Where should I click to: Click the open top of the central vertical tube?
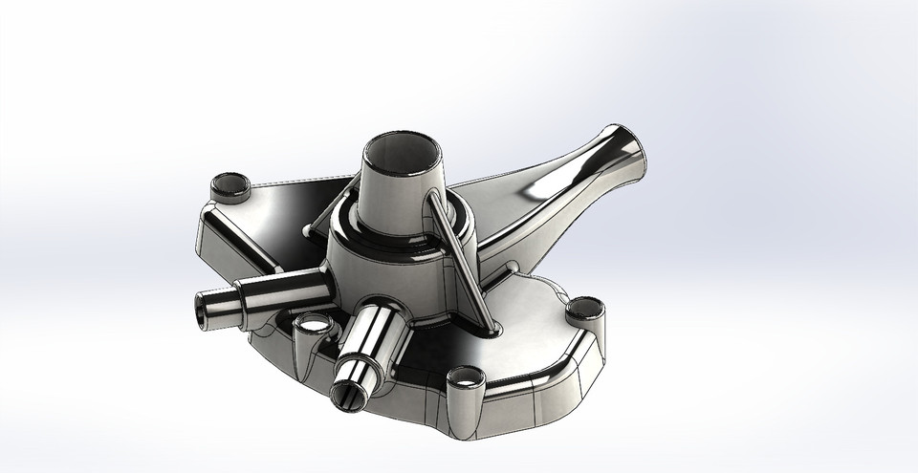click(401, 150)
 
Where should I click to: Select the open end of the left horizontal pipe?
click(206, 311)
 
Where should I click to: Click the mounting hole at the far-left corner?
click(229, 184)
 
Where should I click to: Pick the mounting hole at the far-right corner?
click(584, 310)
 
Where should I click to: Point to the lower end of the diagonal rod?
click(494, 328)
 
